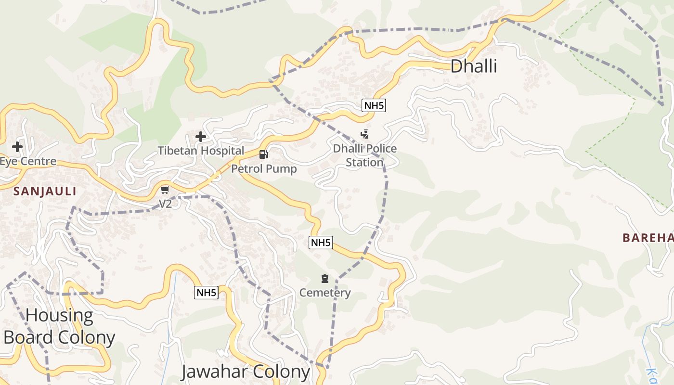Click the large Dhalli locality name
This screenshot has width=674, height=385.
473,66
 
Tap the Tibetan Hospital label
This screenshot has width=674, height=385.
201,151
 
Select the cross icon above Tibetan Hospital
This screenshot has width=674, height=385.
201,137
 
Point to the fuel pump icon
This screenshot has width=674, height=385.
264,154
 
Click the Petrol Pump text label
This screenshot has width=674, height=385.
264,169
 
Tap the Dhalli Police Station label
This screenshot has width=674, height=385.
365,155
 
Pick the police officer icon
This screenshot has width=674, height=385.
365,134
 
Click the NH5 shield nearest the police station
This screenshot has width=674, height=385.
374,105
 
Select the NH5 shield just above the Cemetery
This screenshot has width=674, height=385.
321,243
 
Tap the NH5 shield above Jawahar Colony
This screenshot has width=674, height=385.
206,292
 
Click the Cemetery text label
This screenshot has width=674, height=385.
325,293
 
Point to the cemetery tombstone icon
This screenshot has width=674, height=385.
325,279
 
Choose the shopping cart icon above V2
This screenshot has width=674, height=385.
165,190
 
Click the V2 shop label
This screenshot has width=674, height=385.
165,204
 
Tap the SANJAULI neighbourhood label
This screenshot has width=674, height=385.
45,191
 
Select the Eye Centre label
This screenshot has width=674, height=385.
28,161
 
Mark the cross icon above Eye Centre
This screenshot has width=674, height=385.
17,147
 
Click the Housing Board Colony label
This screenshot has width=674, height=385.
59,326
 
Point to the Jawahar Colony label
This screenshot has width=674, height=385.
245,372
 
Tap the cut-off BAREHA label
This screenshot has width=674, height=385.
648,238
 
